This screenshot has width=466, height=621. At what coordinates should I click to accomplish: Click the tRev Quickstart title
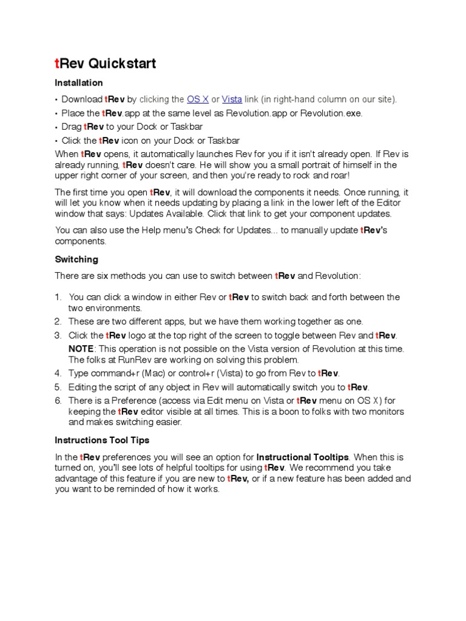tap(106, 64)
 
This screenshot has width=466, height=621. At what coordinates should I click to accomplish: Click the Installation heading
tap(79, 83)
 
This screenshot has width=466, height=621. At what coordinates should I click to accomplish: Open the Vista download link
tap(232, 99)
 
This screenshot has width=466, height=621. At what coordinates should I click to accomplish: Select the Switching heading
tap(76, 260)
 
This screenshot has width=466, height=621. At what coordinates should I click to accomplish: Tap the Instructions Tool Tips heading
tap(102, 440)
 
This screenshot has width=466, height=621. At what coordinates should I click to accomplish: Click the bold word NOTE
tap(81, 349)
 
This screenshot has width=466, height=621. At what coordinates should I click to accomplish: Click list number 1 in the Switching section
tap(58, 297)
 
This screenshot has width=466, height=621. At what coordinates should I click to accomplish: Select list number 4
tap(58, 373)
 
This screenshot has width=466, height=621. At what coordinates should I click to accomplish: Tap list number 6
tap(58, 400)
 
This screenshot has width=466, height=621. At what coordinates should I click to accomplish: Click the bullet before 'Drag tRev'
tap(56, 127)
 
